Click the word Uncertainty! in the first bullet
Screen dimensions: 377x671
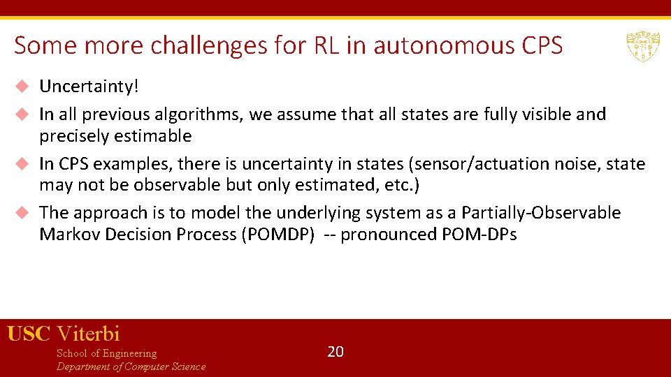tap(89, 87)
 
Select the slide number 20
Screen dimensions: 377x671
tap(335, 351)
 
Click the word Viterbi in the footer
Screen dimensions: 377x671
tap(88, 334)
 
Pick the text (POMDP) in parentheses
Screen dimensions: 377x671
tap(277, 235)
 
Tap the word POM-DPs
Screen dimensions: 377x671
tap(479, 235)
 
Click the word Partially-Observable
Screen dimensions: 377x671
tap(541, 213)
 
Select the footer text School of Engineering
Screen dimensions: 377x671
tap(106, 353)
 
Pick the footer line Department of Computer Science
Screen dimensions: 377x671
tap(131, 367)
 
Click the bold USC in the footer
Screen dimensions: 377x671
tap(29, 334)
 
